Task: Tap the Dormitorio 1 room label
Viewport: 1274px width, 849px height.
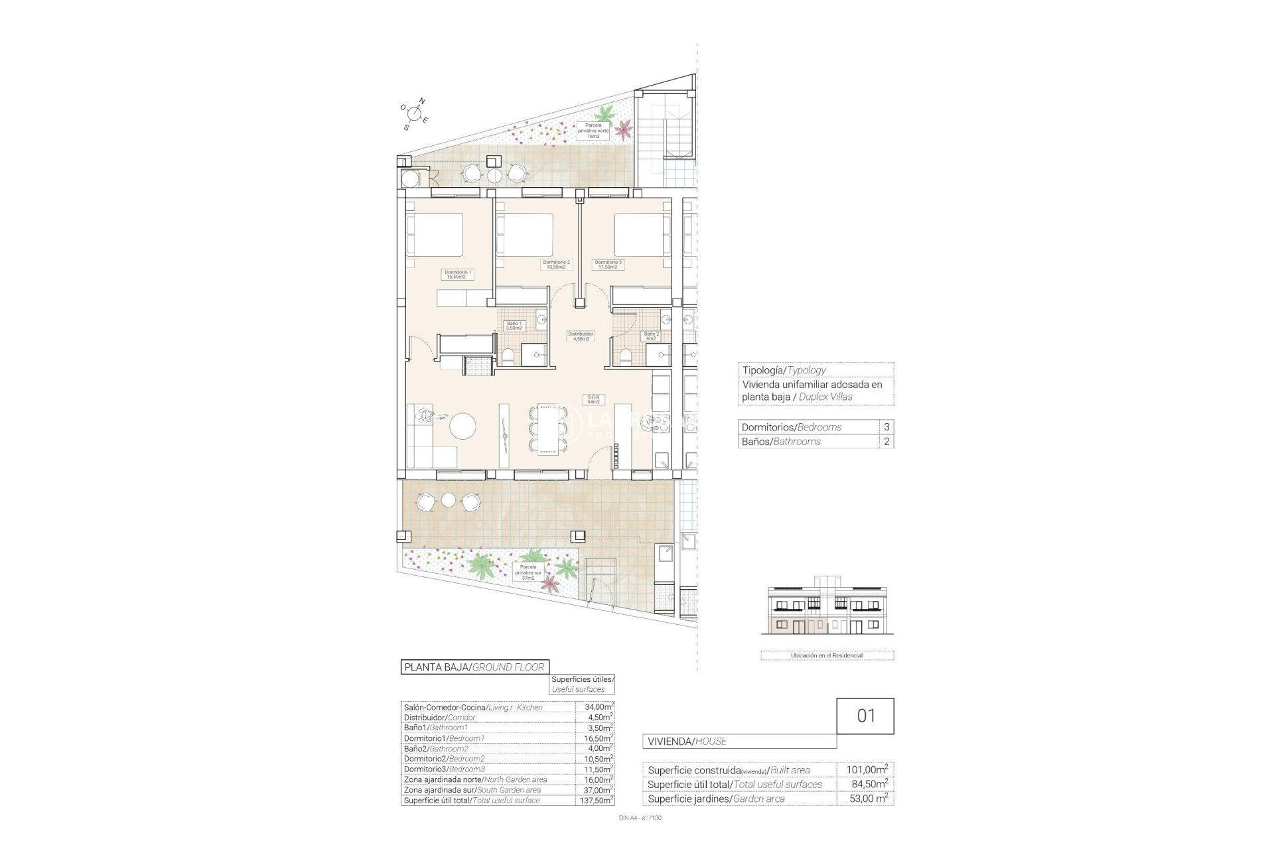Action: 457,274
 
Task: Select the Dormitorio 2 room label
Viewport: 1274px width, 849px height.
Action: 556,264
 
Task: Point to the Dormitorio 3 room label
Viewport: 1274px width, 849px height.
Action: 608,264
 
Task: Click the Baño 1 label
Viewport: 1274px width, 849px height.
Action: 514,326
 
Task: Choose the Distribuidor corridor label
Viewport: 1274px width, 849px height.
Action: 580,336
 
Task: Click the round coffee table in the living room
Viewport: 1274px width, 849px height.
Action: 462,425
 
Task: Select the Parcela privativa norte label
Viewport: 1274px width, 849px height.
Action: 593,131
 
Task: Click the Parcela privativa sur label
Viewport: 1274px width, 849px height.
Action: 528,572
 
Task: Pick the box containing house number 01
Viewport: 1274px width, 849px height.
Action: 865,716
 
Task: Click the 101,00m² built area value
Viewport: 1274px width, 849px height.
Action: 867,770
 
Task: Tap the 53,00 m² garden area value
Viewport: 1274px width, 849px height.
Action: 867,799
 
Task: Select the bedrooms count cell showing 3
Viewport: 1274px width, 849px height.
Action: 886,427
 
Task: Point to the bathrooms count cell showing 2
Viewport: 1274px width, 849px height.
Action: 886,442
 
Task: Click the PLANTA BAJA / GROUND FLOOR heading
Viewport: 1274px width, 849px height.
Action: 474,667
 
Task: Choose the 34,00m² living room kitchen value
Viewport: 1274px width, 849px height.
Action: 595,707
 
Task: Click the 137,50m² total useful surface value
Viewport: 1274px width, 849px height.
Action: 595,801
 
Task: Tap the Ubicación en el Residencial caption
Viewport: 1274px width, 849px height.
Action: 827,655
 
